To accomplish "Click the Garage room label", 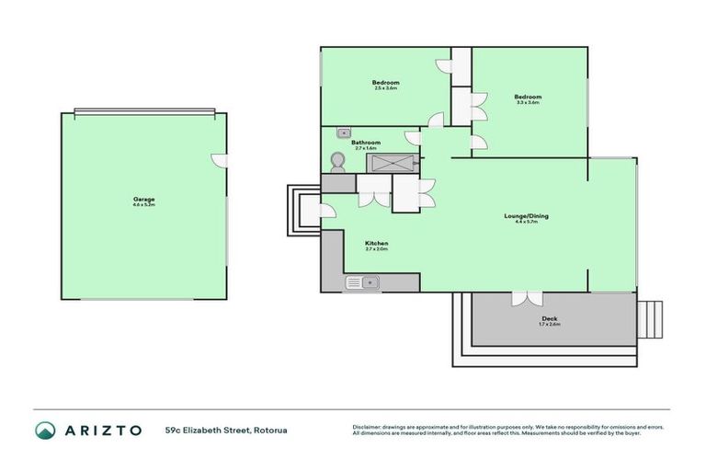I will (143, 200).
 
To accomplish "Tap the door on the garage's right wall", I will (218, 159).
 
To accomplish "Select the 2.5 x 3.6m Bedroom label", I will (385, 83).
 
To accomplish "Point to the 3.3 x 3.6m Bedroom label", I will (528, 97).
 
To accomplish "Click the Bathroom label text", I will (366, 143).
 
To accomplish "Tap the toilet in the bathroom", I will (336, 162).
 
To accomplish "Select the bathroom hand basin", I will (344, 132).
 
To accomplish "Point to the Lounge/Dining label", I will (519, 216).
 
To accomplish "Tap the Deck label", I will (549, 319).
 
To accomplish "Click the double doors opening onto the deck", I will (527, 299).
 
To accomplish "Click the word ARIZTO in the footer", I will (102, 430).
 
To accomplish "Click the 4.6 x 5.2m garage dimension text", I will (143, 205).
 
